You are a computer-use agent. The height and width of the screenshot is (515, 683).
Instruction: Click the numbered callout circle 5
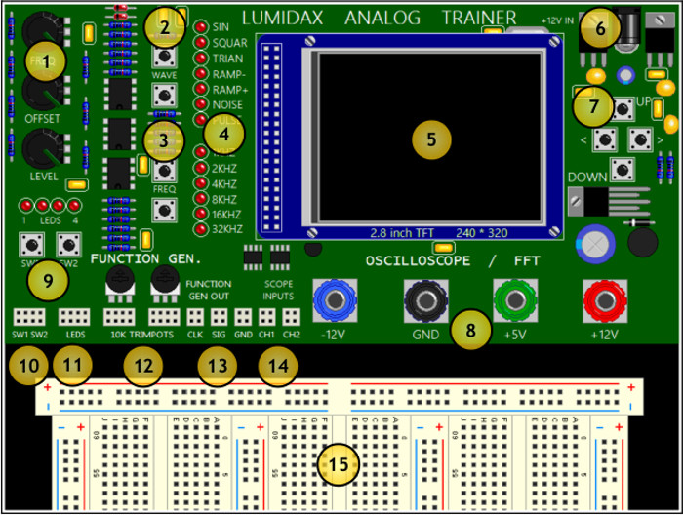(431, 139)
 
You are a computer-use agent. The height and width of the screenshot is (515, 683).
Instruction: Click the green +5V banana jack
(514, 297)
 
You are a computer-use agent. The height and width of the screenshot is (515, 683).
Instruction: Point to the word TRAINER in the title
(479, 18)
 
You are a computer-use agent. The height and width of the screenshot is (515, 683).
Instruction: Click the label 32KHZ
(226, 229)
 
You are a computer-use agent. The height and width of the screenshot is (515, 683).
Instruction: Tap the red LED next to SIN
(200, 26)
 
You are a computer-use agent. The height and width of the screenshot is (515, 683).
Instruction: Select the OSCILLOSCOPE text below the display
(419, 260)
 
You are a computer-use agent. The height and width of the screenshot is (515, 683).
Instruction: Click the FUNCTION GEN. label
(146, 259)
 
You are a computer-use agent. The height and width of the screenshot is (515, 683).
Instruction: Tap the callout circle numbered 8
(470, 330)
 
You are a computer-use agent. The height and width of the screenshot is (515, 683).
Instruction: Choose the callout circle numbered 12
(142, 366)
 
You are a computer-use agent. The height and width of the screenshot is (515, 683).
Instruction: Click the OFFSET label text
(42, 118)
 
